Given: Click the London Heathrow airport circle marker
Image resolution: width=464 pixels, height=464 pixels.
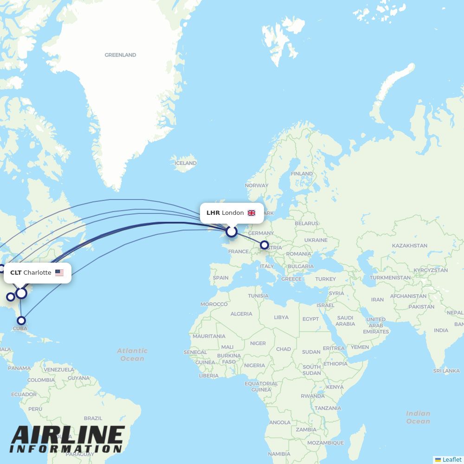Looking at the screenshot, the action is (232, 231).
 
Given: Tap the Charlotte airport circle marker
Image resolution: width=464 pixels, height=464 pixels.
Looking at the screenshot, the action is (21, 293).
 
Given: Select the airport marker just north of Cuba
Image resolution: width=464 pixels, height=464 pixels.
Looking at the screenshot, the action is (21, 320).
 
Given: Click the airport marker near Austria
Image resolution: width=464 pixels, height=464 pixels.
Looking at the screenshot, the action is (264, 245).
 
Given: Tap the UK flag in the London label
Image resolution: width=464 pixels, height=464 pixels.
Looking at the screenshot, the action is (251, 213).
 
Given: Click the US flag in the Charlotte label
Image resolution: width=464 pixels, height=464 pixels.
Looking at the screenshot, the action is (59, 273).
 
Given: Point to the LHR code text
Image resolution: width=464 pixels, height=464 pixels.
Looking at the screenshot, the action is (213, 213).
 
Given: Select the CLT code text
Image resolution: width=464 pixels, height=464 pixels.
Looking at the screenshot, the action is (16, 273).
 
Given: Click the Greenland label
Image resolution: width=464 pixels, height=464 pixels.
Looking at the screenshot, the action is (120, 55).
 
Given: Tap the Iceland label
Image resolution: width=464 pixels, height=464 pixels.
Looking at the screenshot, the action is (186, 163).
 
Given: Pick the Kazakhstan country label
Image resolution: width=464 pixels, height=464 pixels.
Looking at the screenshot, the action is (409, 245).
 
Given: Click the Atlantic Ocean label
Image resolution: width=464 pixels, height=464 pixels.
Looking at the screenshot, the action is (132, 354).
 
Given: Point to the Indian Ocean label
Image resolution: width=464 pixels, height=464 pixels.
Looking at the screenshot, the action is (418, 417).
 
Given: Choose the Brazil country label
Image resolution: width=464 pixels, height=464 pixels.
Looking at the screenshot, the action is (93, 418).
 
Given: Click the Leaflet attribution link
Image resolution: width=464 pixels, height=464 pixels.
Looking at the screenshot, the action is (452, 459).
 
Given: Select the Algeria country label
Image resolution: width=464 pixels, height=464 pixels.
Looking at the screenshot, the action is (241, 314).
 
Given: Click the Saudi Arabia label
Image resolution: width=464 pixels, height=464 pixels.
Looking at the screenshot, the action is (345, 321).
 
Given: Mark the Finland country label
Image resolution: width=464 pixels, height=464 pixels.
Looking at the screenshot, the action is (302, 174).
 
